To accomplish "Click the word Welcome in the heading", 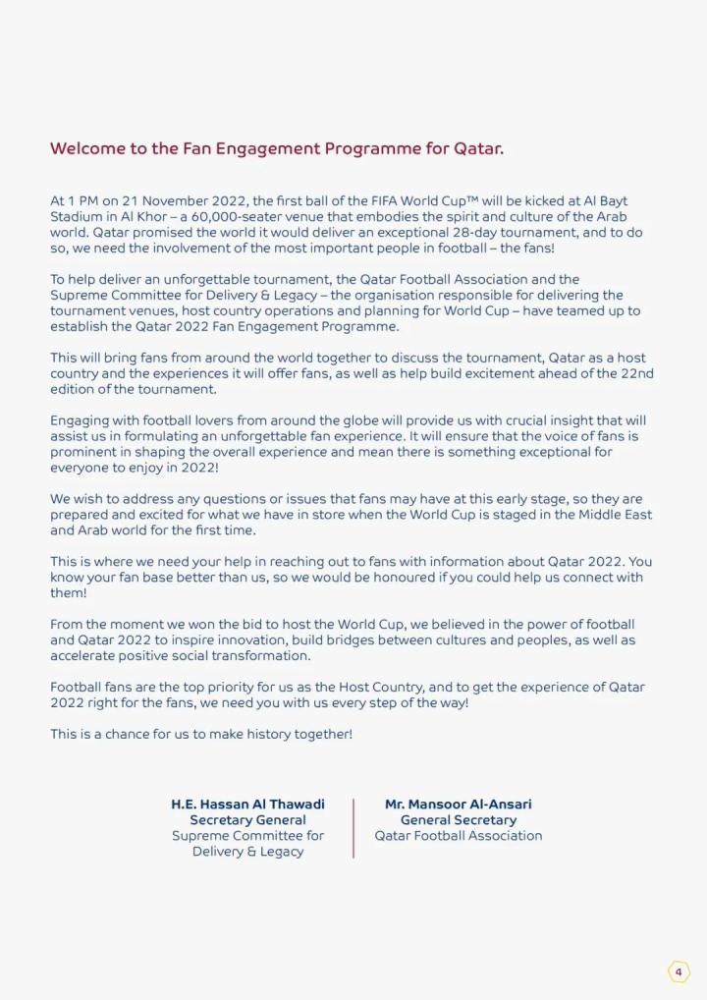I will [x=86, y=149].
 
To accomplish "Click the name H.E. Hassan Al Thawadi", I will [x=247, y=805].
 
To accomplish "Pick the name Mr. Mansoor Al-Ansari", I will [x=459, y=805].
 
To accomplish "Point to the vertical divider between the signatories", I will [x=353, y=828].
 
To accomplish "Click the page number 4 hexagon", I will [x=679, y=972].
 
